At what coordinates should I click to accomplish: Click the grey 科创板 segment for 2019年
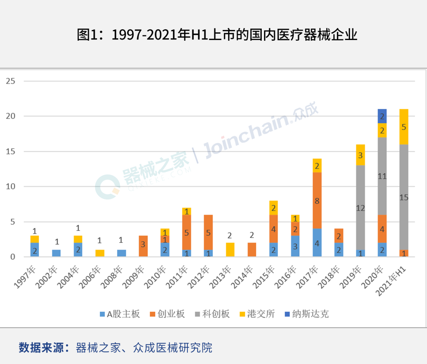[360, 207]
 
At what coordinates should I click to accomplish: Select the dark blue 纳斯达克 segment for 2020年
[382, 116]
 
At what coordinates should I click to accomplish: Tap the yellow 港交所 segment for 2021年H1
[404, 127]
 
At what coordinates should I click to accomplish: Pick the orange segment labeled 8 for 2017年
[317, 201]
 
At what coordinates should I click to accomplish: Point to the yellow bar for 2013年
[230, 250]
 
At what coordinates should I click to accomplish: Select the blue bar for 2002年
[57, 253]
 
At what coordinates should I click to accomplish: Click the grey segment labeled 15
[404, 197]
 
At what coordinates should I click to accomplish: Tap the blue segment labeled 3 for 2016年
[295, 246]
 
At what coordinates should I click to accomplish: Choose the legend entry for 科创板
[212, 314]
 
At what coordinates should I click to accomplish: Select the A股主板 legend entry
[120, 314]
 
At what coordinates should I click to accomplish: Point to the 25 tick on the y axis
[11, 81]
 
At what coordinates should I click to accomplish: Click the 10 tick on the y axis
[11, 186]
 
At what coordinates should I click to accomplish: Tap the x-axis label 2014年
[246, 273]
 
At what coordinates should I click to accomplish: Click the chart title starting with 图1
[217, 35]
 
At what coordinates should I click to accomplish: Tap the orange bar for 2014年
[252, 250]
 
